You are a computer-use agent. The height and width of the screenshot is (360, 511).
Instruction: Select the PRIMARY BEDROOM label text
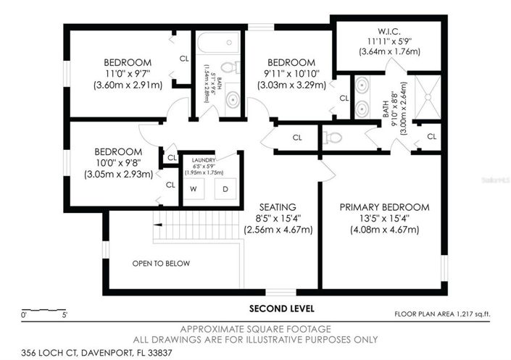tap(384, 206)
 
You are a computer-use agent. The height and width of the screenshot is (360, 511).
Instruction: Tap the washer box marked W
tap(194, 189)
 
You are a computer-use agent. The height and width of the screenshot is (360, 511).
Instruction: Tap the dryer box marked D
tap(225, 189)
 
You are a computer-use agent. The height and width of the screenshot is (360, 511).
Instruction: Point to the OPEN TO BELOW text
tap(161, 263)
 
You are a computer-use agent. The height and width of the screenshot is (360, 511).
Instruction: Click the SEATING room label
tap(278, 206)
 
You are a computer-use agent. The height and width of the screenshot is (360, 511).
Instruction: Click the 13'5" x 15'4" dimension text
tap(384, 218)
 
